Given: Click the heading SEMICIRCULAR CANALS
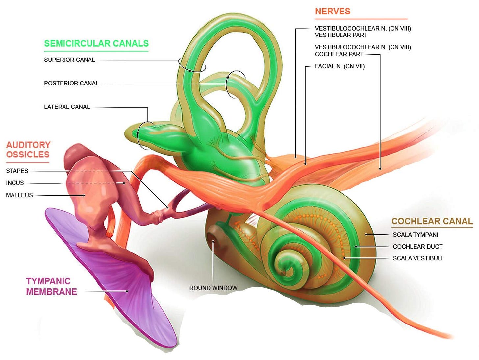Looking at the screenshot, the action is (x=96, y=43).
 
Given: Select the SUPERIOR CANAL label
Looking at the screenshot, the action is (x=69, y=60).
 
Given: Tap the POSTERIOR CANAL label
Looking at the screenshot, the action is (x=71, y=84).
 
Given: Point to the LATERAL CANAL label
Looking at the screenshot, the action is (x=67, y=107).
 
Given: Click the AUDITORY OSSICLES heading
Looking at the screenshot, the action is (x=28, y=150).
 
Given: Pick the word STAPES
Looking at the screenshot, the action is (x=17, y=171).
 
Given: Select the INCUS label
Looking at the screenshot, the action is (x=15, y=183).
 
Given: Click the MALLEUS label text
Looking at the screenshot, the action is (x=19, y=195).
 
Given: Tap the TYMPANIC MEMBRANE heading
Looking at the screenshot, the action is (x=51, y=286).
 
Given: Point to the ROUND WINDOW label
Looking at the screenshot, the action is (x=213, y=288).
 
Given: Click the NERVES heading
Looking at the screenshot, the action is (x=333, y=12).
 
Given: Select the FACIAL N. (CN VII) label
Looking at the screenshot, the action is (x=340, y=66).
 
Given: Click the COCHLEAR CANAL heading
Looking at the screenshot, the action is (x=432, y=221).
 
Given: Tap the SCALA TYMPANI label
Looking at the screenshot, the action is (x=416, y=235).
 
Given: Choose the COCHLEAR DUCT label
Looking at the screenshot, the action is (x=417, y=247).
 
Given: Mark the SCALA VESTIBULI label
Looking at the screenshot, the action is (x=418, y=258).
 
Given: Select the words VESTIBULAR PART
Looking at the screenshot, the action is (x=341, y=35).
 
